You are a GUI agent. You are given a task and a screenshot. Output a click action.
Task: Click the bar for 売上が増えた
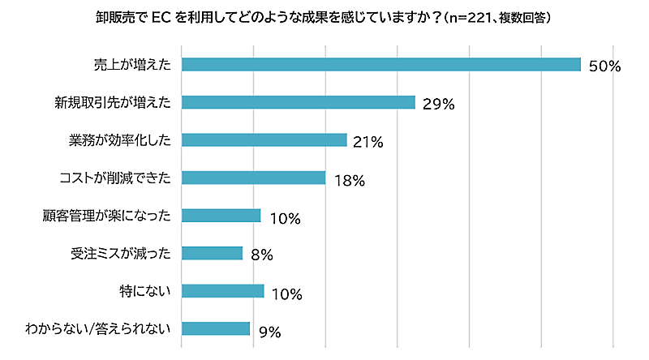coord(381,65)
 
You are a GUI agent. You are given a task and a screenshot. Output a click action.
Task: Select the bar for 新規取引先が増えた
coord(298,102)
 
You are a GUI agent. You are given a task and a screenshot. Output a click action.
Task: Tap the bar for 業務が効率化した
coord(264,139)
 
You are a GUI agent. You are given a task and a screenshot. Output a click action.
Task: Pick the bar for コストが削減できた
coord(253,178)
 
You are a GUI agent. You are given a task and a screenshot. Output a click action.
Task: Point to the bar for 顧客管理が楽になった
coord(221,215)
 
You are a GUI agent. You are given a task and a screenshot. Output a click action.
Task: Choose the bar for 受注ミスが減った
coord(212,253)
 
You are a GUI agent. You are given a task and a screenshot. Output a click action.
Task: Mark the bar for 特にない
coord(222,290)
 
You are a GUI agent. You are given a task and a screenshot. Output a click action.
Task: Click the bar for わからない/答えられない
coord(215,328)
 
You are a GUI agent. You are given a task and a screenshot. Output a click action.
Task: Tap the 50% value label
coord(604,66)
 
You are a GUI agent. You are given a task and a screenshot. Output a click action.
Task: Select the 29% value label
coord(438,104)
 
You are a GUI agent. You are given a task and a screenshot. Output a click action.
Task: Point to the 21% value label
coord(368,142)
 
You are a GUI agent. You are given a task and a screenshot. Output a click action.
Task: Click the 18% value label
coord(349,180)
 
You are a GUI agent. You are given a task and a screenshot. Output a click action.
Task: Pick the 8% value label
coord(261,255)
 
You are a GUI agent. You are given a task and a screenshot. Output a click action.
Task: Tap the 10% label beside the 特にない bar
coord(286,293)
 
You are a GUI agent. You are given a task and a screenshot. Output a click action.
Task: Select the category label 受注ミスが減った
coord(120,253)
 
